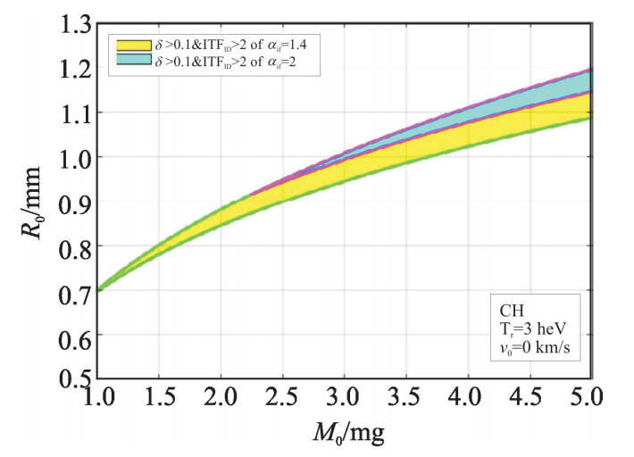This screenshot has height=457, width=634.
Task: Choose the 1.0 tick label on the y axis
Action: [x=74, y=156]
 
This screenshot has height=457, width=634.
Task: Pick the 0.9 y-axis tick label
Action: [x=74, y=201]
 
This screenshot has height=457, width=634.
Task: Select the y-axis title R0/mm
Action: [x=28, y=202]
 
